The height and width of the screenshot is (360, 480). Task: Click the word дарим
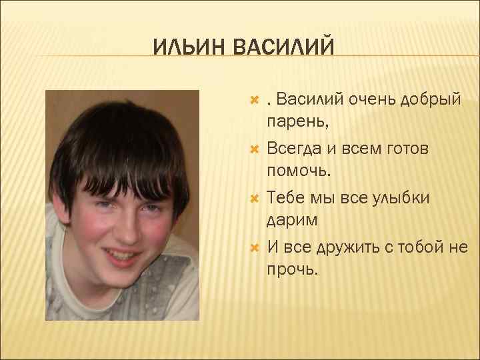pos(292,220)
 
